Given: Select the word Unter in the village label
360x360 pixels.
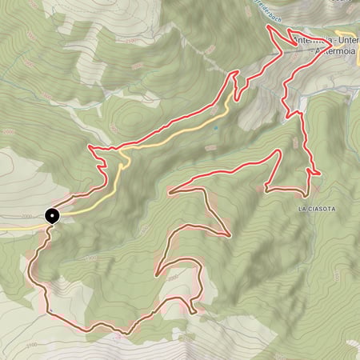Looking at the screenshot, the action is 349,41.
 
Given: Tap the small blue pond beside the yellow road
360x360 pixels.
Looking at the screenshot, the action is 214,127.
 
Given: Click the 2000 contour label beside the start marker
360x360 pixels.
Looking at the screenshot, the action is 29,214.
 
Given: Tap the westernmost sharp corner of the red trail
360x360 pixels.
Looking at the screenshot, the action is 90,148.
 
